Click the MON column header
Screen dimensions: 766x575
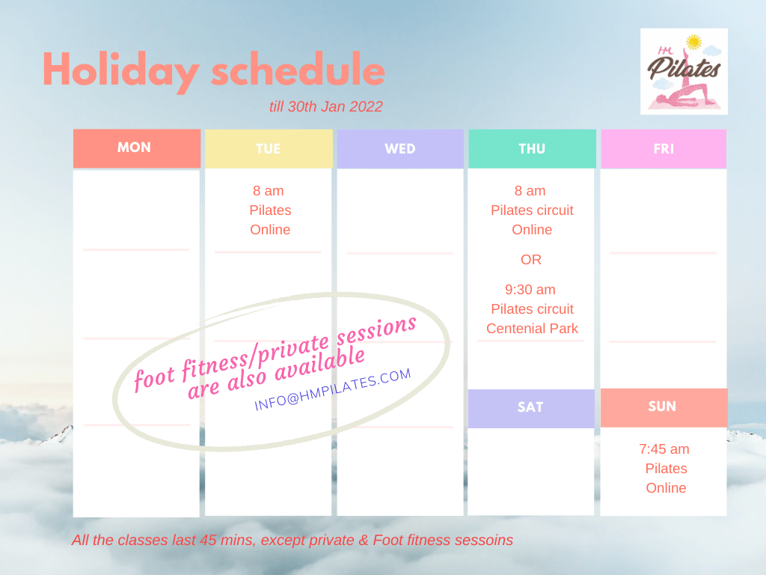click(x=137, y=148)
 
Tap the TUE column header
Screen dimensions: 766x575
click(x=269, y=149)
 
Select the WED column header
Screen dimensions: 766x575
click(x=400, y=149)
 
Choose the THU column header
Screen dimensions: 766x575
click(x=532, y=149)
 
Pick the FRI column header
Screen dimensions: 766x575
click(x=664, y=149)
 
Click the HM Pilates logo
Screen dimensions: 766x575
click(x=684, y=71)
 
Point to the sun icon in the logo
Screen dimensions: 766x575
click(x=693, y=42)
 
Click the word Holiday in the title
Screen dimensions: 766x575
click(x=121, y=71)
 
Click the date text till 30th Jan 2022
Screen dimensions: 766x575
click(x=326, y=106)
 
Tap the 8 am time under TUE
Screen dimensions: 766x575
click(x=269, y=191)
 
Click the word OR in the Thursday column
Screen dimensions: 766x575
click(x=531, y=260)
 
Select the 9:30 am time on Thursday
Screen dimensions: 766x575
click(x=530, y=290)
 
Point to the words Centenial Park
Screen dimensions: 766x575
click(x=532, y=329)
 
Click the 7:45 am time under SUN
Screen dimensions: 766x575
click(x=664, y=449)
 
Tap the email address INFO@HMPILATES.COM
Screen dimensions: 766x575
click(x=333, y=389)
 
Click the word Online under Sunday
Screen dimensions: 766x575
click(x=666, y=488)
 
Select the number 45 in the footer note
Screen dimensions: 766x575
click(x=208, y=540)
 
